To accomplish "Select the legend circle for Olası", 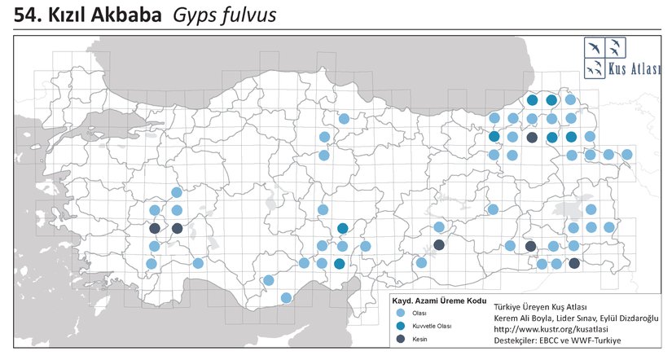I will coord(399,313).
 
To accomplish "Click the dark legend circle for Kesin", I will coord(399,338).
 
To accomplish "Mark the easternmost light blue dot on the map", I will coord(626,154).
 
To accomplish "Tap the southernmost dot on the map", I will coord(286,297).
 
